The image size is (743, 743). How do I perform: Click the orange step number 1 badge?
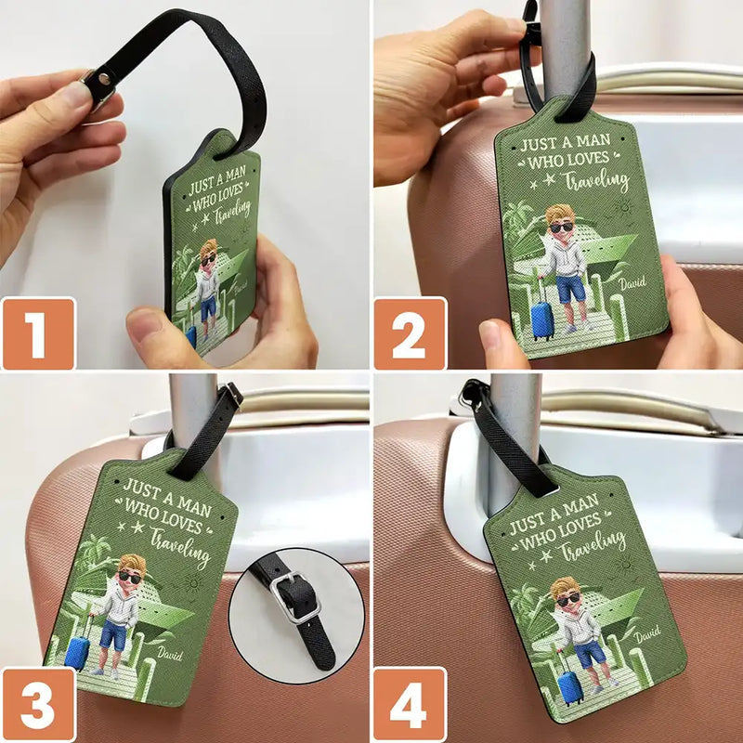pyautogui.click(x=38, y=332)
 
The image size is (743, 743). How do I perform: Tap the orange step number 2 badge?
pyautogui.click(x=409, y=332)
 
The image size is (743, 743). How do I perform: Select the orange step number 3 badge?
pyautogui.click(x=38, y=703)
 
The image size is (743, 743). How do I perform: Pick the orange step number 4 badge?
pyautogui.click(x=409, y=703)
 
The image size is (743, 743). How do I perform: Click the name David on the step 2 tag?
pyautogui.click(x=632, y=277)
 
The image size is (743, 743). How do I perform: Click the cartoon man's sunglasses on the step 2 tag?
pyautogui.click(x=561, y=228)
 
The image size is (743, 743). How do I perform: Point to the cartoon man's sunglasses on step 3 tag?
pyautogui.click(x=131, y=577)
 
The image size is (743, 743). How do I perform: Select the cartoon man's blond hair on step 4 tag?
pyautogui.click(x=564, y=587)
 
